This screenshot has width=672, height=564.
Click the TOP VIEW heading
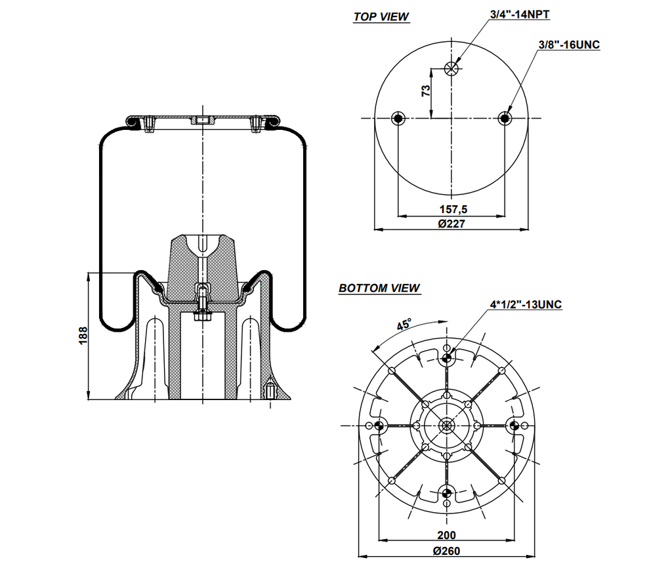[381, 17]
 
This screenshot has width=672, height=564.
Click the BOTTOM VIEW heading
[379, 288]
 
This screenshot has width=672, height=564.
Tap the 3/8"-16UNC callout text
[568, 45]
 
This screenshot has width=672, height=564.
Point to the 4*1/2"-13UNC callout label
[526, 304]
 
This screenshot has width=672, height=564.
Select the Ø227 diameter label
[451, 224]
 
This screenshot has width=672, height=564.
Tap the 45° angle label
[404, 325]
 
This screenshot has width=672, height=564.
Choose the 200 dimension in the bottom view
[446, 535]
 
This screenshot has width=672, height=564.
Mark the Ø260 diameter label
[446, 551]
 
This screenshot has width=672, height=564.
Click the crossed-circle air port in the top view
[451, 69]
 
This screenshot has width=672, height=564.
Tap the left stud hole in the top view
[398, 118]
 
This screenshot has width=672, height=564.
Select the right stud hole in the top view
[505, 118]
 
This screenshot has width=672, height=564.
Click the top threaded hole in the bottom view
[447, 358]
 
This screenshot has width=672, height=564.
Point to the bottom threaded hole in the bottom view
[447, 493]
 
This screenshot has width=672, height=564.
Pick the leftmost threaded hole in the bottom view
[379, 426]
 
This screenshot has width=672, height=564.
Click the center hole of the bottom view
[447, 426]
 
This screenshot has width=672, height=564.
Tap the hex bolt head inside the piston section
[202, 317]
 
